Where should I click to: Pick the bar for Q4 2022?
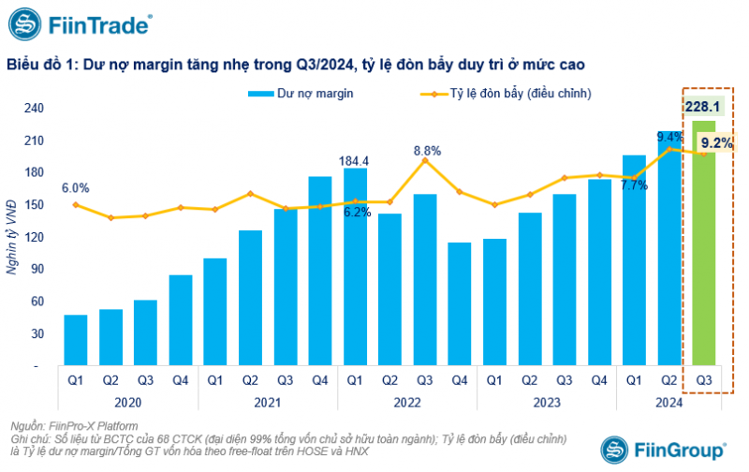click(460, 303)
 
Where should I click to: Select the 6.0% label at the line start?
click(76, 187)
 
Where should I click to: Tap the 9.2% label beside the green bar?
click(716, 143)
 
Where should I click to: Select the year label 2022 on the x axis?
click(407, 401)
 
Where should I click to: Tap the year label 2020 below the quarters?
click(129, 401)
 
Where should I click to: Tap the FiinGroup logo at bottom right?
click(663, 448)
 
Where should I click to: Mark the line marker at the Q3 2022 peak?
click(425, 160)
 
